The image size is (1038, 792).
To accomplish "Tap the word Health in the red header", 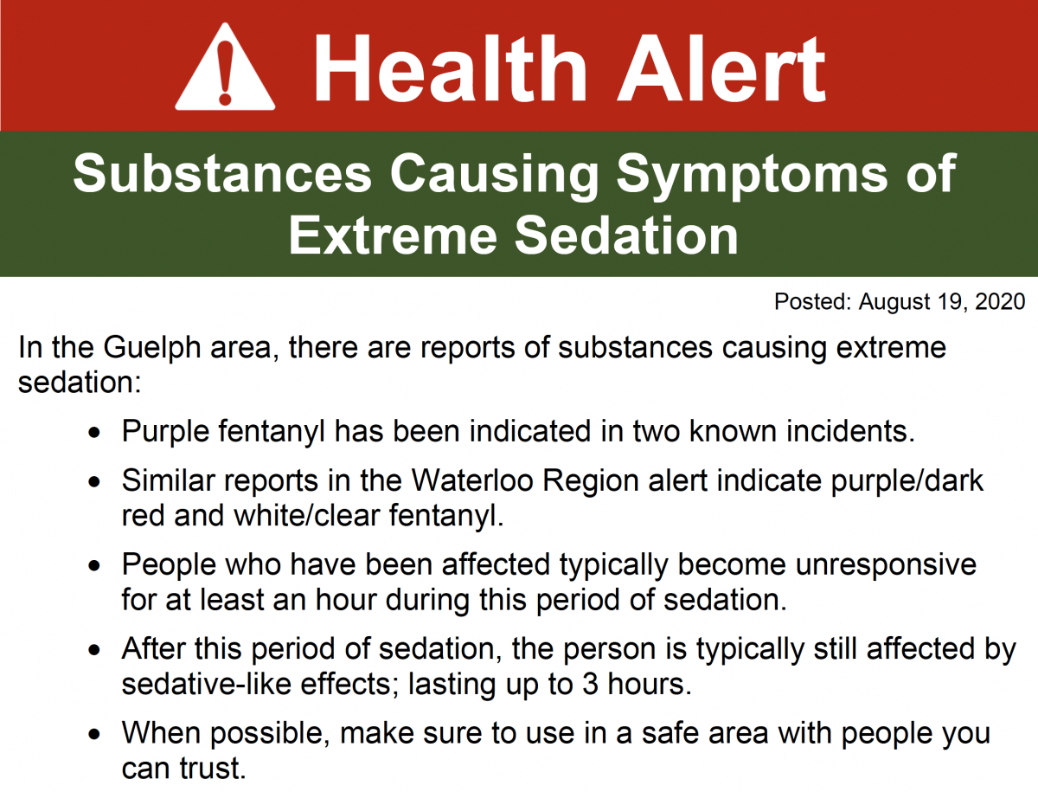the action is (x=450, y=68).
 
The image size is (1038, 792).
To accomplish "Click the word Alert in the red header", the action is (x=721, y=68).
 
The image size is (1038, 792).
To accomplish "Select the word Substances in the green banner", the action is (x=222, y=173).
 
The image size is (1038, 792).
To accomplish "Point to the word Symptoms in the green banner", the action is (x=752, y=176).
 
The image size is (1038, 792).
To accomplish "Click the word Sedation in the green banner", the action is (x=626, y=235).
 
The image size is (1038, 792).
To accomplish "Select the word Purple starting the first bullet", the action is (x=165, y=433).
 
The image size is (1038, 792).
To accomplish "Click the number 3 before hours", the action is (x=590, y=685).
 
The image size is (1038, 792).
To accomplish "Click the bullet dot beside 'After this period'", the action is (x=94, y=650).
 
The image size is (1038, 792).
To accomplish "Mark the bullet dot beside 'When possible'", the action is (x=94, y=734).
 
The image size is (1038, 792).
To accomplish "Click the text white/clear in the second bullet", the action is (x=307, y=516).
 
